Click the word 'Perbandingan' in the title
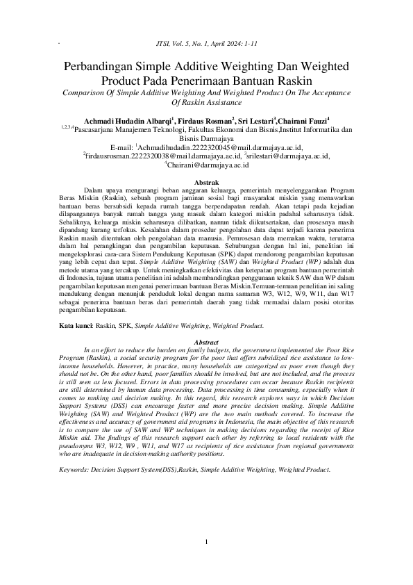click(101, 67)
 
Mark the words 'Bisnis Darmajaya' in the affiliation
click(205, 139)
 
